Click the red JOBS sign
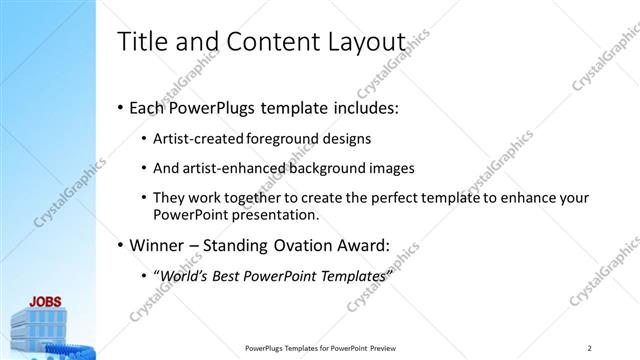[x=46, y=301]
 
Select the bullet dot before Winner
[x=121, y=243]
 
